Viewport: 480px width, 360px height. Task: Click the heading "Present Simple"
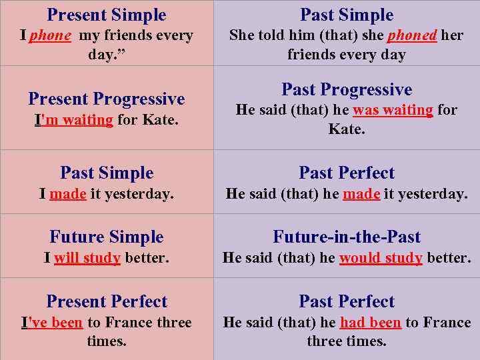pos(107,15)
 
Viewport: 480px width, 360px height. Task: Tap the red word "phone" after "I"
pos(49,35)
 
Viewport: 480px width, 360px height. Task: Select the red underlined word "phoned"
pos(412,35)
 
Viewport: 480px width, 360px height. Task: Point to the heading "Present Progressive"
pos(107,99)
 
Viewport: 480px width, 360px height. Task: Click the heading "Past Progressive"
pos(347,89)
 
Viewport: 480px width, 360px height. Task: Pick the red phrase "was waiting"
pos(393,110)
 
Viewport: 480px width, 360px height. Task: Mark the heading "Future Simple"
pos(107,237)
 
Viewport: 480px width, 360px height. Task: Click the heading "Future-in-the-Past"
pos(347,237)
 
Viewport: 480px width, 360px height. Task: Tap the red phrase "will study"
pos(87,258)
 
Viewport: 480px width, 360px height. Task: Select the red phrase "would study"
pos(381,258)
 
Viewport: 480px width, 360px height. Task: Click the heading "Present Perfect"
pos(107,301)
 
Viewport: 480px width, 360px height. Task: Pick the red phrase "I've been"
pos(52,323)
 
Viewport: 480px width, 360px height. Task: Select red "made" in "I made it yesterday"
pos(67,194)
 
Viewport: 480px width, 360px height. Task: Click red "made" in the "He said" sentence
pos(361,194)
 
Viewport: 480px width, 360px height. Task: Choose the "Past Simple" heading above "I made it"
pos(107,173)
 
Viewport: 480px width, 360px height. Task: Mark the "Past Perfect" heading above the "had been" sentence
pos(347,301)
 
